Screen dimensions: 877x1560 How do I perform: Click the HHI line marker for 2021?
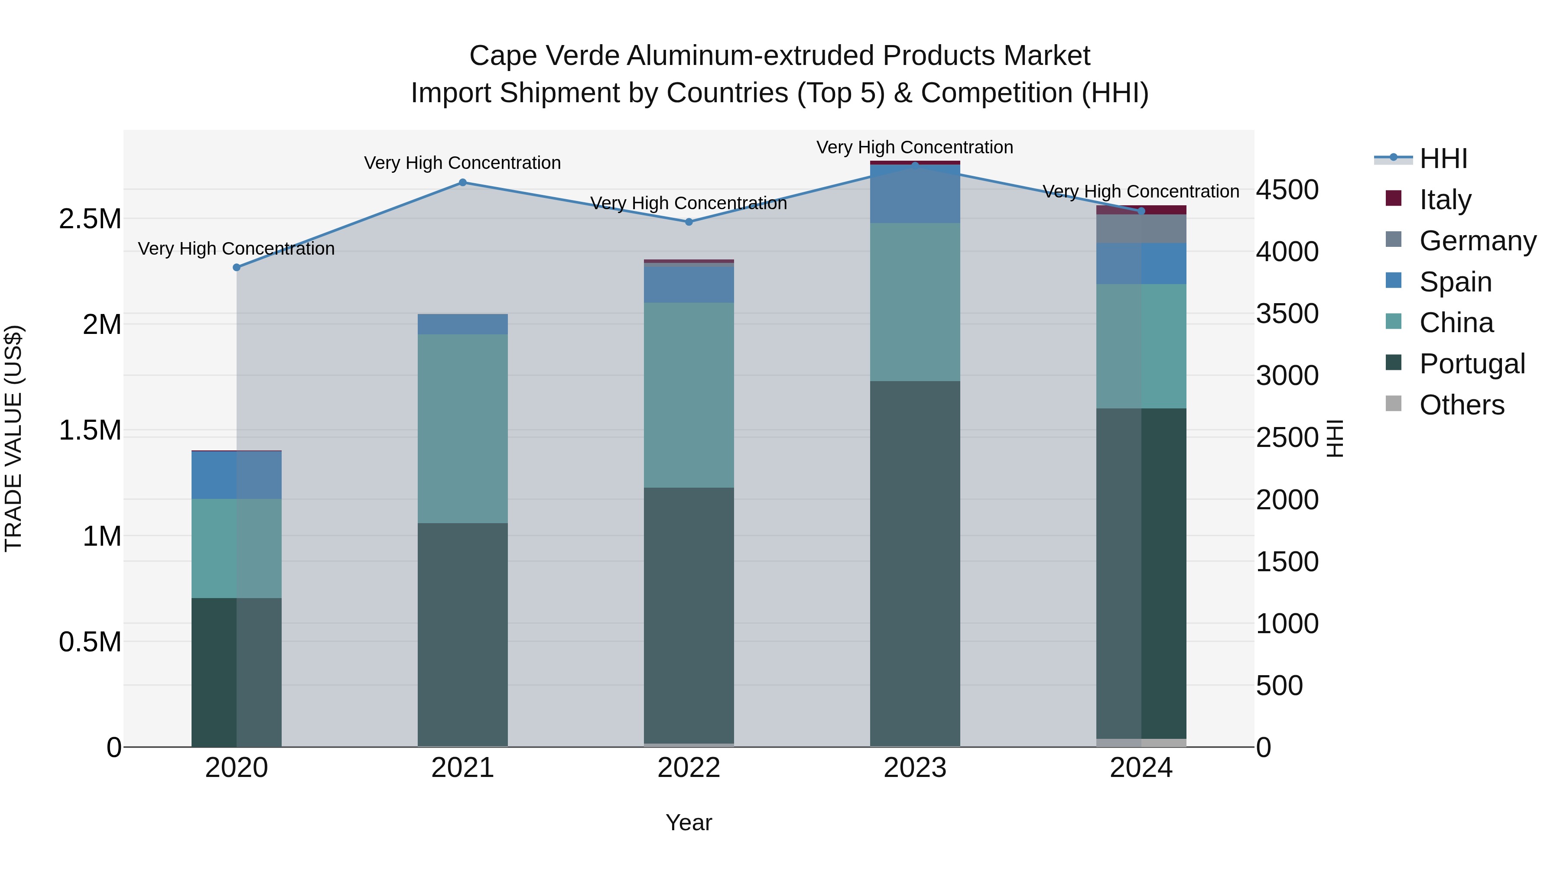pos(463,182)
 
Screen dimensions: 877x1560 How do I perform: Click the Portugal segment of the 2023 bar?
pos(915,563)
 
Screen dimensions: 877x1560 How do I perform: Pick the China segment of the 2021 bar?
pos(463,428)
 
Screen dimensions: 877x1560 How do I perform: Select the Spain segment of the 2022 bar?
pos(689,285)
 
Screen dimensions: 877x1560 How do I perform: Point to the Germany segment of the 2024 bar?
pos(1141,229)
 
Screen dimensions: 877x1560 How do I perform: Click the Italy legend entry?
pos(1444,200)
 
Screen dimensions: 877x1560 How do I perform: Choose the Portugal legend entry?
pos(1472,364)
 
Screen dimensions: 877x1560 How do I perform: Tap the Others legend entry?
pos(1461,405)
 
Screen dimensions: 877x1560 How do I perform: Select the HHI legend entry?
pos(1443,159)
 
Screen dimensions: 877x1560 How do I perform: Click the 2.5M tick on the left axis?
pos(90,219)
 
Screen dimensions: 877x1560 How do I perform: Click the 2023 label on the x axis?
pos(915,768)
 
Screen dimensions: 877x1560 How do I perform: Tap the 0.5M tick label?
pos(90,641)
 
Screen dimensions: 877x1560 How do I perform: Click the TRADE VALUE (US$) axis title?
pos(13,438)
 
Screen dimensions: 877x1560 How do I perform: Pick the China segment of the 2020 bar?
pos(237,548)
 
